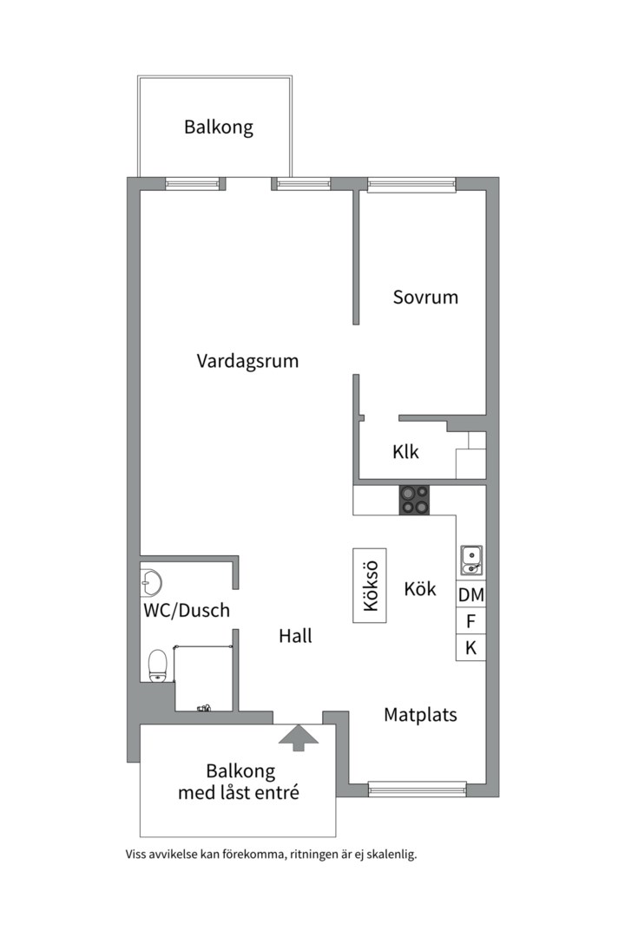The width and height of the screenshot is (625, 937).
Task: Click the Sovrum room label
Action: (425, 297)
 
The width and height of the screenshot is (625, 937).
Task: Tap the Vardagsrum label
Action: (247, 360)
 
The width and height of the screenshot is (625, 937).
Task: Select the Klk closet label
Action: (405, 451)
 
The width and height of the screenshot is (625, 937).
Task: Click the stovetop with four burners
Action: (414, 501)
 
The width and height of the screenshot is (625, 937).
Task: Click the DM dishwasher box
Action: (471, 595)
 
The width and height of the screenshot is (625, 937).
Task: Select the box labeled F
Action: (471, 621)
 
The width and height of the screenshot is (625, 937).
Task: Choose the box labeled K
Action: (471, 647)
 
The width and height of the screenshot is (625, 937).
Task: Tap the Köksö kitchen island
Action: (370, 586)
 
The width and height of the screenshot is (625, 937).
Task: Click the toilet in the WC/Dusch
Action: (157, 665)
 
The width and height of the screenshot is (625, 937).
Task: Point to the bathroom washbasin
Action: (152, 580)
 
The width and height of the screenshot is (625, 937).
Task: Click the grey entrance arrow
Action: (299, 737)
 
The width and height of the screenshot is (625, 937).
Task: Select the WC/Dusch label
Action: (187, 610)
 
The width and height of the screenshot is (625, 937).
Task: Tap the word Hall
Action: (295, 636)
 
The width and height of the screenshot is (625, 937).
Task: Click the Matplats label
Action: (420, 715)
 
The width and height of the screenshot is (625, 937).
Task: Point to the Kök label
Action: (420, 588)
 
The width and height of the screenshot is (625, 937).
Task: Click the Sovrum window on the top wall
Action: (411, 184)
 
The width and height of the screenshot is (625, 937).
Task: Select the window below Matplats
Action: (417, 789)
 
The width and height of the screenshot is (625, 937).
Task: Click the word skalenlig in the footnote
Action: (391, 854)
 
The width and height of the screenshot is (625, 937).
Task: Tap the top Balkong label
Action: (218, 128)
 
